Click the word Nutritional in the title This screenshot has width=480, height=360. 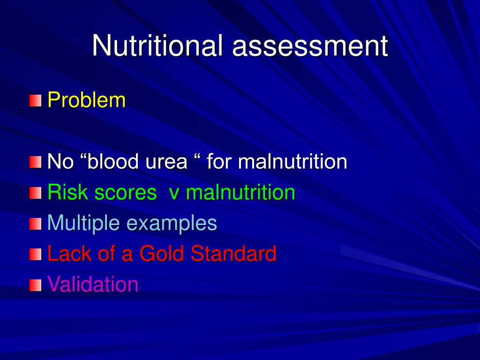point(157,45)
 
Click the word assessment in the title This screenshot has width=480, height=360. point(310,46)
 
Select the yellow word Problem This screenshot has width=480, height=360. point(87,100)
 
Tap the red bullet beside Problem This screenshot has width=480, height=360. point(36,101)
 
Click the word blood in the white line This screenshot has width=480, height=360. point(112,161)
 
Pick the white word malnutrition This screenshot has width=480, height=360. point(292,161)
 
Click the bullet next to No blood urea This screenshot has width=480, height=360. point(36,162)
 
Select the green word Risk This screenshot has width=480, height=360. point(68,192)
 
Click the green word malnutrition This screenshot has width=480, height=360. point(240,192)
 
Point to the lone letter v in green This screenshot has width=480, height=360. point(174,194)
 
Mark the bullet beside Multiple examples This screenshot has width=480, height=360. point(36,224)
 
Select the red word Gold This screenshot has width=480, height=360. point(161,253)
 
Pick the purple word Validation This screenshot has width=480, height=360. point(93,284)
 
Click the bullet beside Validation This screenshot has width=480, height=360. point(36,285)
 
